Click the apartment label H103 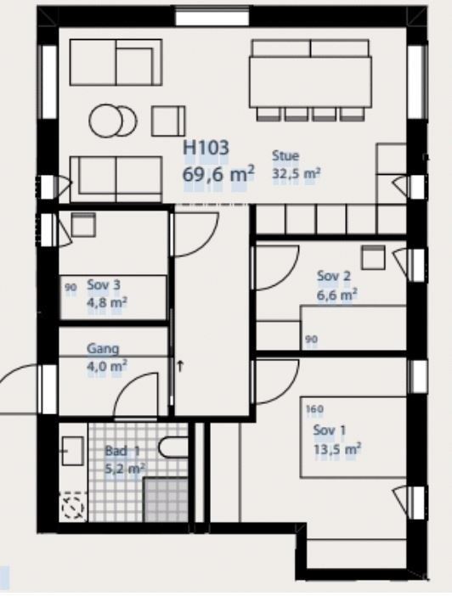[206, 148]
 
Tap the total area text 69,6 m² [218, 174]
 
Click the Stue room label [285, 156]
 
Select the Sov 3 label [104, 284]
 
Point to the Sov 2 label [334, 276]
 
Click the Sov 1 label [330, 430]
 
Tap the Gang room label [103, 349]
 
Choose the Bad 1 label [122, 451]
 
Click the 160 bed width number [314, 409]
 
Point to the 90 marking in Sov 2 [311, 339]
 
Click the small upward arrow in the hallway [180, 366]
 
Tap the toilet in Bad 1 [173, 447]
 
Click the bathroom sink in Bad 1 [72, 451]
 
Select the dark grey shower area [166, 500]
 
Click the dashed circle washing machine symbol [73, 506]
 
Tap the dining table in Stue [310, 82]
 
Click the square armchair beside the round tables [168, 121]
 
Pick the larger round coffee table [106, 121]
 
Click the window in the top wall [212, 18]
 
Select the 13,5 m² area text [337, 449]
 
